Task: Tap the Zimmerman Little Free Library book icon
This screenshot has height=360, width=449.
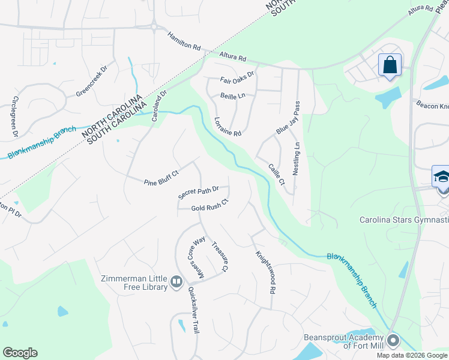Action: pos(176,281)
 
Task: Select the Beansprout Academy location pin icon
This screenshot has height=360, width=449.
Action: pos(393,340)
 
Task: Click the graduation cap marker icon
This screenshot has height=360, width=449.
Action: pos(442,177)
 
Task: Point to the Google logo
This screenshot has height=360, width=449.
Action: pos(20,353)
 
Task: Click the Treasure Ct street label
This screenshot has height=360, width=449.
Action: pos(220,257)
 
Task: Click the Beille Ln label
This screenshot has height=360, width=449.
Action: pos(233,95)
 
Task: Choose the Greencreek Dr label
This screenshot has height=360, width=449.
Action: pos(91,82)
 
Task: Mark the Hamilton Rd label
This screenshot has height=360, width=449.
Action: pos(184,40)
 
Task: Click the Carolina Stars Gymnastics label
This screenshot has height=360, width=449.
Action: pos(403,221)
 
